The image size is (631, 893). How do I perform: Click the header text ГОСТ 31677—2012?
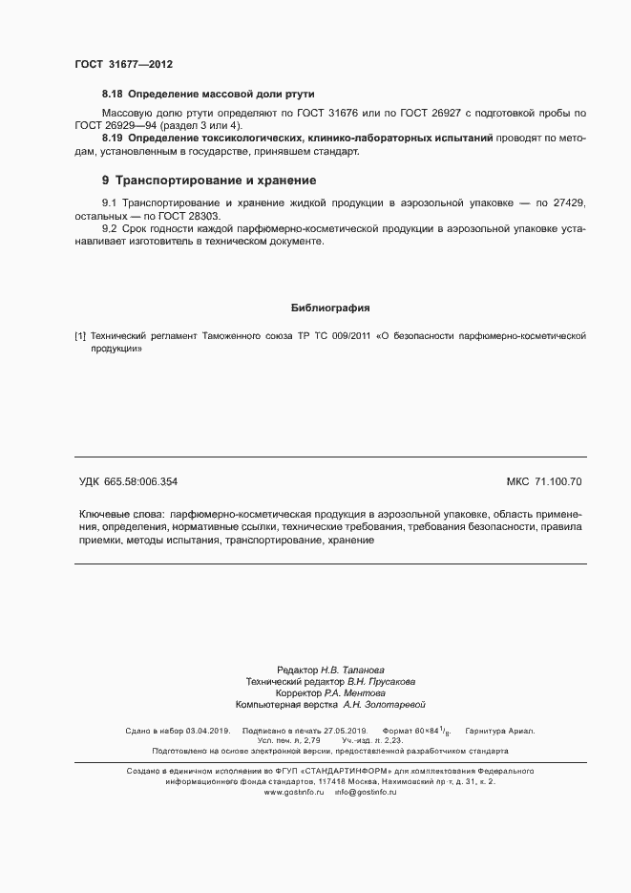tap(124, 64)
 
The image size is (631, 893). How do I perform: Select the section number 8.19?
tap(113, 139)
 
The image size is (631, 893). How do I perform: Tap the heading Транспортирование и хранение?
tap(215, 181)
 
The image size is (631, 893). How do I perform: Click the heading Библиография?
tap(329, 308)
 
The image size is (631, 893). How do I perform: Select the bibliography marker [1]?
tap(80, 336)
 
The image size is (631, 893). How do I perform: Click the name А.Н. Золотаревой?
tap(383, 705)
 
